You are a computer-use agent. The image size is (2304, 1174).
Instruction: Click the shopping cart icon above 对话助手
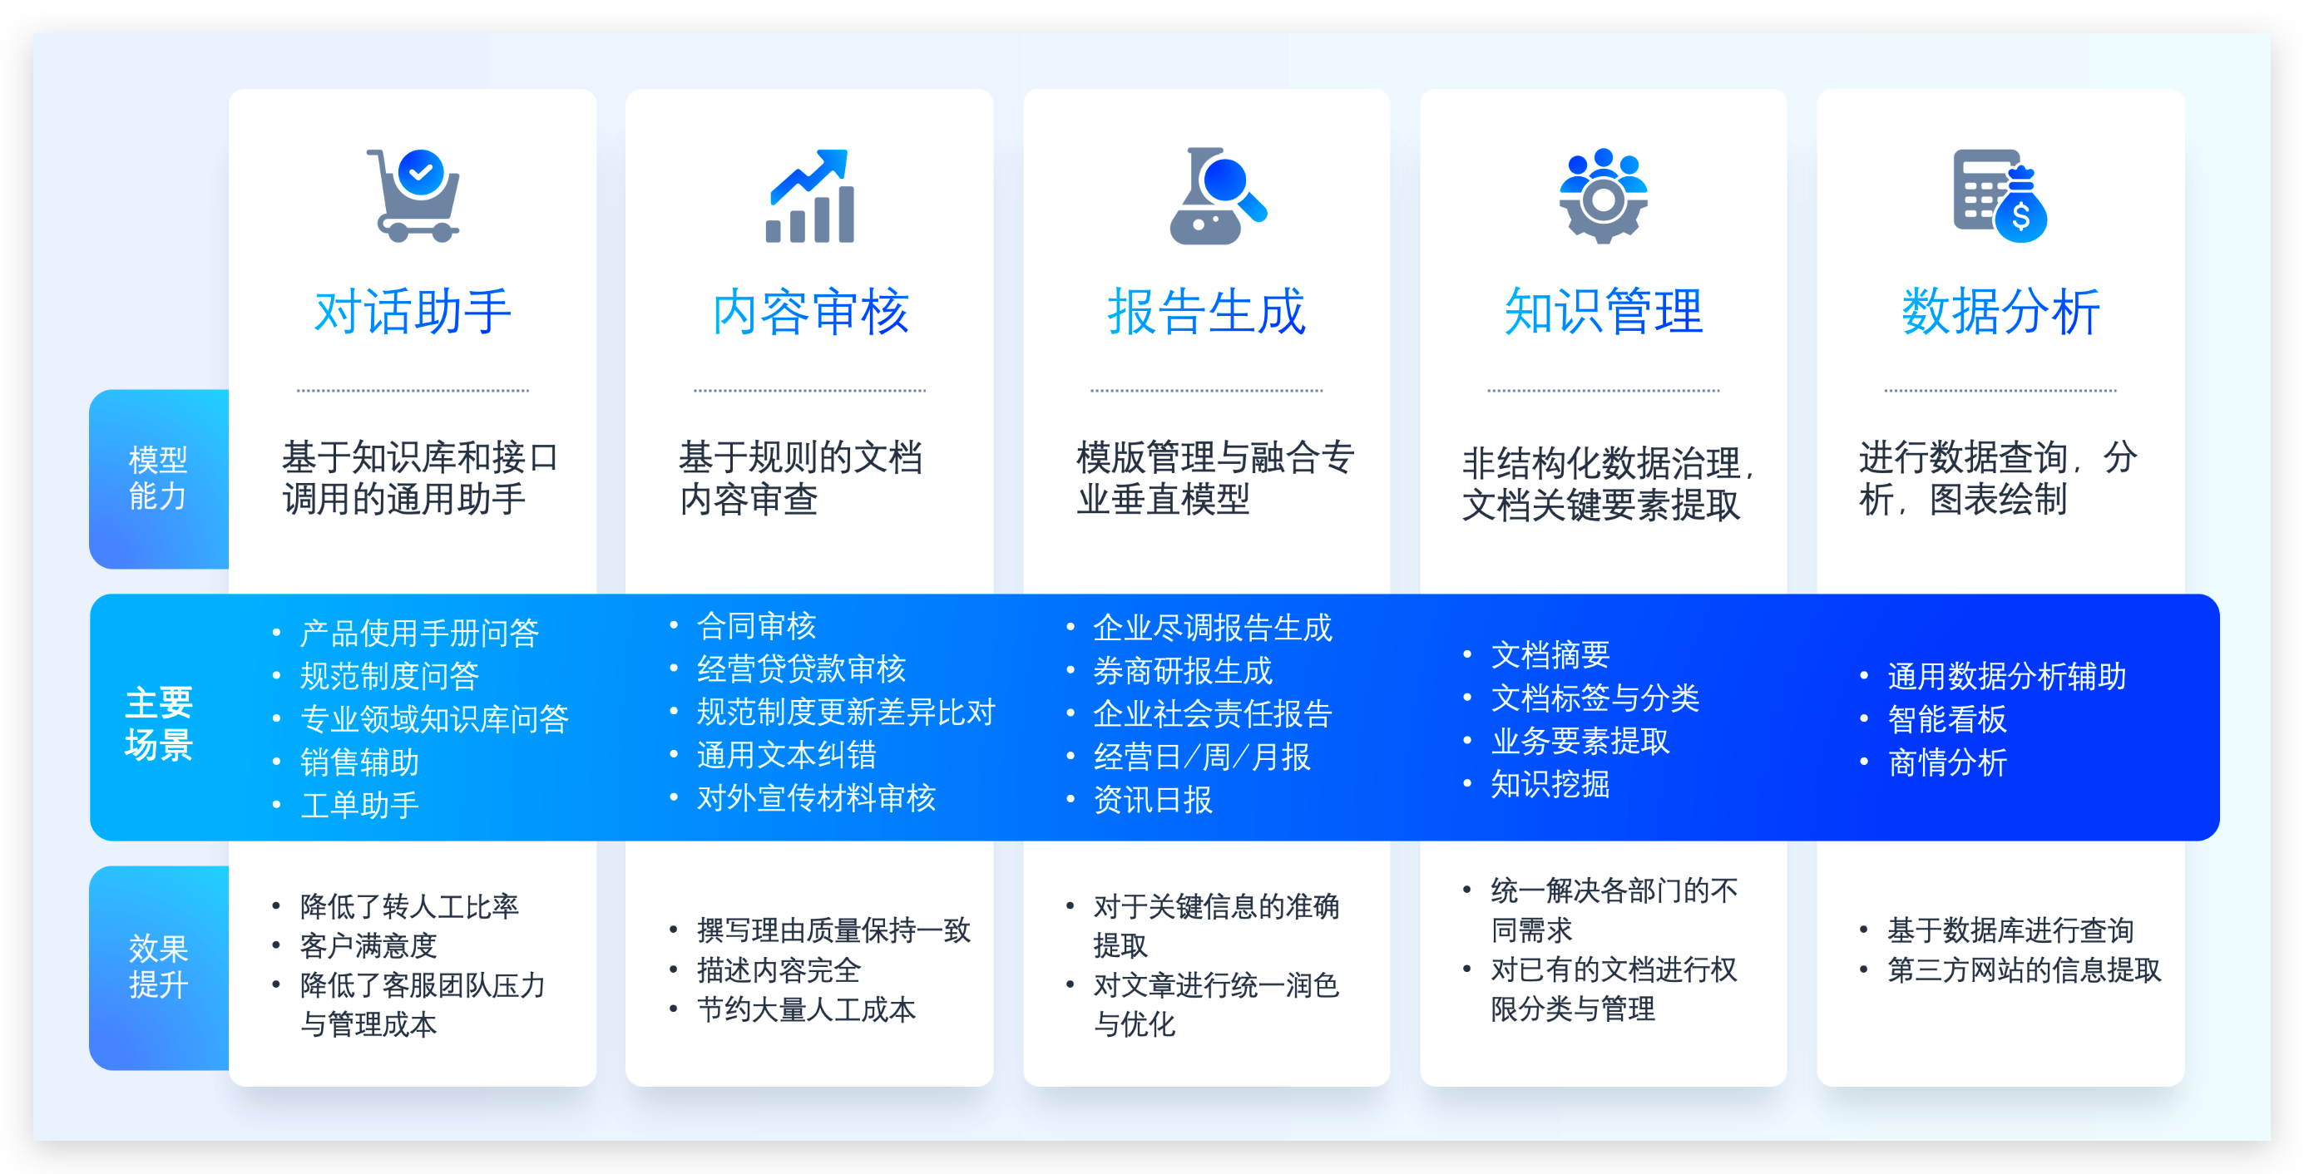[413, 195]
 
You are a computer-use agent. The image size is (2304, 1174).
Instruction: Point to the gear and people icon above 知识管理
[1603, 195]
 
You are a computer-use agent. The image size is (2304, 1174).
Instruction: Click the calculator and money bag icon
[2000, 195]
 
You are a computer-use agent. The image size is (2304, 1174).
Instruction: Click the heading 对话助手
[413, 311]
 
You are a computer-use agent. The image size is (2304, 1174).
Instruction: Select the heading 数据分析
[2000, 311]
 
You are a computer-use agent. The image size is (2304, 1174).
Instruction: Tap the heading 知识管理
[1604, 311]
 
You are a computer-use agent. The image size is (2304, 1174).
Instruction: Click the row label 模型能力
[158, 478]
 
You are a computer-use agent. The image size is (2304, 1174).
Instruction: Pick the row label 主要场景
[159, 723]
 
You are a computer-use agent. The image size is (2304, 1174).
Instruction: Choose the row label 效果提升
[158, 967]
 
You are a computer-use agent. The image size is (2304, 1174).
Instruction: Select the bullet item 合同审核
[757, 626]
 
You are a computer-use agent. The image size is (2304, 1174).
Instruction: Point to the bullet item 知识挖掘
[1550, 784]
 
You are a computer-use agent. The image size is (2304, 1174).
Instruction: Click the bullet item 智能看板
[1947, 719]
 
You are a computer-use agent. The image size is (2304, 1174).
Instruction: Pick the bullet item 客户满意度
[368, 945]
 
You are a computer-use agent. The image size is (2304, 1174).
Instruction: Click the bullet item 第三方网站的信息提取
[2024, 970]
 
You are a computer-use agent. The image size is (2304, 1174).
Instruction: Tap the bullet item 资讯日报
[1153, 799]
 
